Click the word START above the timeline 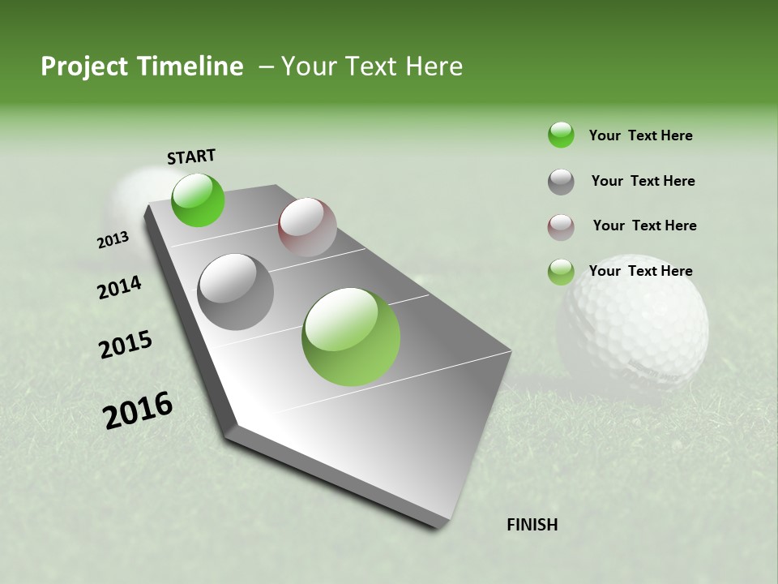pos(191,157)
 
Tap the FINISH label pos(532,525)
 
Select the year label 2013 pos(113,240)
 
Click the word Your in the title pos(310,67)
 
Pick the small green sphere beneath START pos(198,200)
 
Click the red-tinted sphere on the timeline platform pos(307,227)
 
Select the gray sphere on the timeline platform pos(236,291)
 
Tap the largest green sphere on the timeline pos(351,337)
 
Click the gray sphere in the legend pos(561,182)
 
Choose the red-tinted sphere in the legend pos(561,227)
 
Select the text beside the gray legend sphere pos(643,181)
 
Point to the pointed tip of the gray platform pos(438,526)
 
